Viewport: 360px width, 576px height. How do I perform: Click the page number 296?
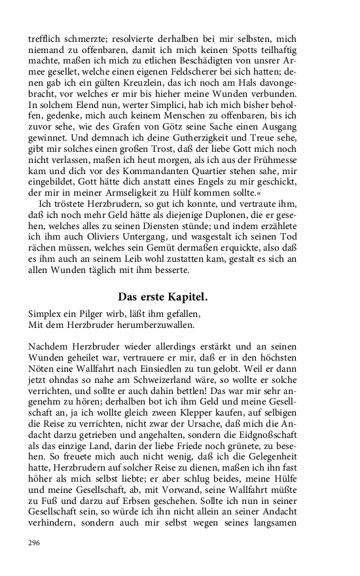point(35,543)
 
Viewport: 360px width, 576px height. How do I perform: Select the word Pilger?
point(92,313)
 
